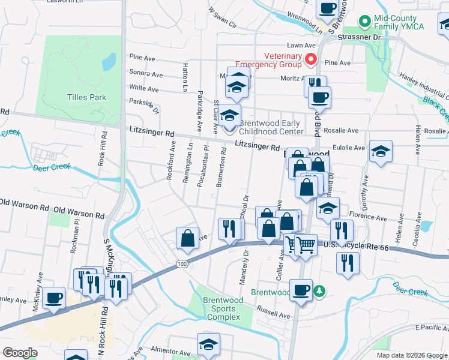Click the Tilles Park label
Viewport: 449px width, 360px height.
click(x=86, y=97)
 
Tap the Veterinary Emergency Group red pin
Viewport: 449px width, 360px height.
click(x=311, y=59)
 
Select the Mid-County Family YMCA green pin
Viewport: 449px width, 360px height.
click(x=364, y=22)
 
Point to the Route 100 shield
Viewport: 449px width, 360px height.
click(x=181, y=263)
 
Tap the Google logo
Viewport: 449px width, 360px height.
click(x=20, y=353)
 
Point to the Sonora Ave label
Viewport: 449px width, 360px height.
click(x=146, y=75)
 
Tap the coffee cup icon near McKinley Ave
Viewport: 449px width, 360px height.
click(x=54, y=298)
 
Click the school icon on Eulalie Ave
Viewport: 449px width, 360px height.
click(x=381, y=151)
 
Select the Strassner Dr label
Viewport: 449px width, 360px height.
click(x=360, y=37)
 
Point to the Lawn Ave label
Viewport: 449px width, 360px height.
click(x=301, y=45)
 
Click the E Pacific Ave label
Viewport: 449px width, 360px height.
click(x=432, y=329)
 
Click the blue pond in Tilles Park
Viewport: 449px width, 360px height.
click(x=109, y=61)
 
